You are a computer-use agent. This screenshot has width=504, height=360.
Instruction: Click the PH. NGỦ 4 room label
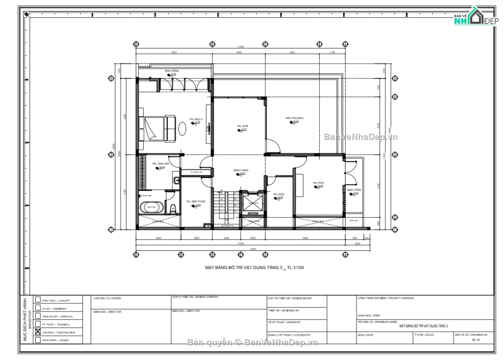point(196,119)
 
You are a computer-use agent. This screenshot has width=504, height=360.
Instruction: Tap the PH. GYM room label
point(242,126)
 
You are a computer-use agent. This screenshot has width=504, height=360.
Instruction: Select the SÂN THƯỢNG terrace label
point(294,118)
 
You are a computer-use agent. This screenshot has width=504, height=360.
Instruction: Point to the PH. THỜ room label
point(318,183)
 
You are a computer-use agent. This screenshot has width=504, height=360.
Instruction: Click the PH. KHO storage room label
point(278,194)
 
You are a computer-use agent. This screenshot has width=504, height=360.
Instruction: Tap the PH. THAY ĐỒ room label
point(160,164)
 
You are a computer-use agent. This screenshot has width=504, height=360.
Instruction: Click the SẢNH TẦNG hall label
point(241,170)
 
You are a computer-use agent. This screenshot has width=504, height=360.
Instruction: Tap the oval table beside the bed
point(182,128)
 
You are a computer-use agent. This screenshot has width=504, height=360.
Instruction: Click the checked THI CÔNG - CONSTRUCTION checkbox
point(38,332)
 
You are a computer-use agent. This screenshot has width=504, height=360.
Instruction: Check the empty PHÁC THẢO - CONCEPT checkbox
point(38,300)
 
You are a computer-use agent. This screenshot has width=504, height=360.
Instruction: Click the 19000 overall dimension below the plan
point(252,249)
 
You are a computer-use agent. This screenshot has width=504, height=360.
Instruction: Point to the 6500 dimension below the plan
point(305,238)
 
